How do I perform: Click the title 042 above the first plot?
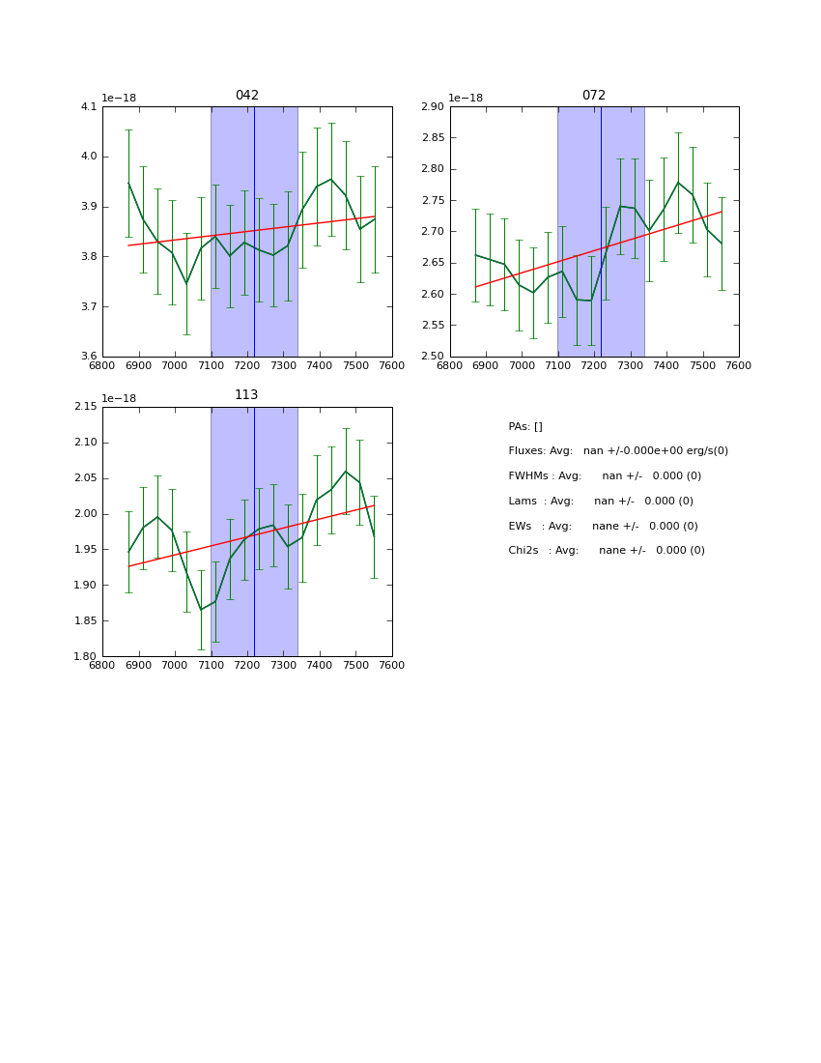[247, 96]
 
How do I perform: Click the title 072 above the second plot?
[594, 96]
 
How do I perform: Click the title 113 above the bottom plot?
[247, 395]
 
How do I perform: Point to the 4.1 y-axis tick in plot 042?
[89, 107]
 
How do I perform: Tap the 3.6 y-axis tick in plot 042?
[89, 357]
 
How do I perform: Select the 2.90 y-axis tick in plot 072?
[433, 107]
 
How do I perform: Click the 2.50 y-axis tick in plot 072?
[433, 357]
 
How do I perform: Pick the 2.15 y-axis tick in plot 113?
[86, 407]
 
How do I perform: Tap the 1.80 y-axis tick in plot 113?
[86, 657]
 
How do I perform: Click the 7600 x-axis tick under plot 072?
[739, 366]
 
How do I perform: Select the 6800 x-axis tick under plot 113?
[102, 666]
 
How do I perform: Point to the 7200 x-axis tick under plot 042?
[247, 366]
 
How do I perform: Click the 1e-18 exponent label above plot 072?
[466, 98]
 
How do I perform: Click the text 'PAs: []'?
[525, 427]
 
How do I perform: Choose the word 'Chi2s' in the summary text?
[524, 551]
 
